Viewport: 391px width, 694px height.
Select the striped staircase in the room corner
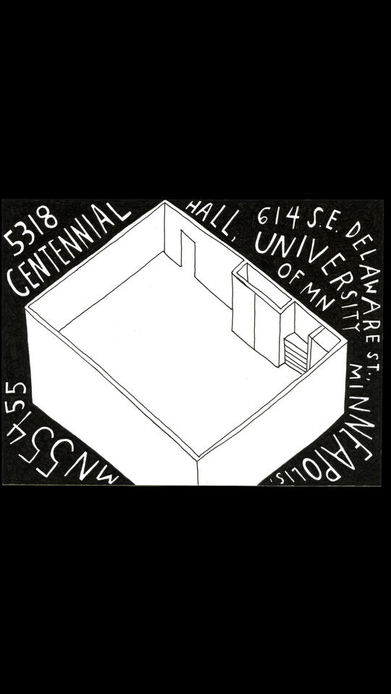click(295, 354)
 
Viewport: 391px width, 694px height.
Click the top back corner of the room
click(164, 202)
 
